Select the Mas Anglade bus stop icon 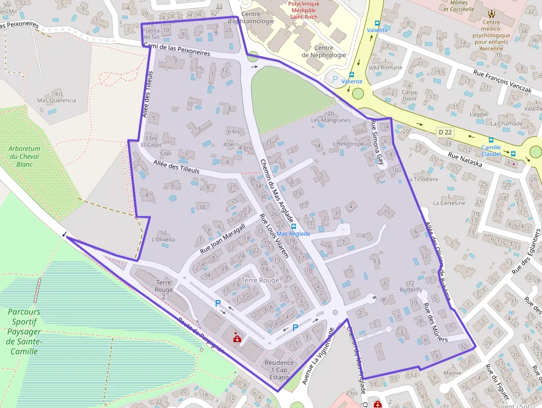pyautogui.click(x=293, y=226)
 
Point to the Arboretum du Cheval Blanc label pyautogui.click(x=25, y=156)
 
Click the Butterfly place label pyautogui.click(x=411, y=290)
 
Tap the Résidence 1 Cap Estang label pyautogui.click(x=277, y=370)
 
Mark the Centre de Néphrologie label pyautogui.click(x=324, y=51)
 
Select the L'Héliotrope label pyautogui.click(x=348, y=144)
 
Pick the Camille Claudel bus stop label pyautogui.click(x=491, y=151)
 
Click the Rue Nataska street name pyautogui.click(x=465, y=160)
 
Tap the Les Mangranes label pyautogui.click(x=331, y=120)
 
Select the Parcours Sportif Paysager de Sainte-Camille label pyautogui.click(x=24, y=332)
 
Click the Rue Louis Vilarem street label pyautogui.click(x=274, y=236)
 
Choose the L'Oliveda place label pyautogui.click(x=163, y=239)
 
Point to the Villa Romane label pyautogui.click(x=385, y=68)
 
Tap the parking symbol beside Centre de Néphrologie pyautogui.click(x=335, y=79)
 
